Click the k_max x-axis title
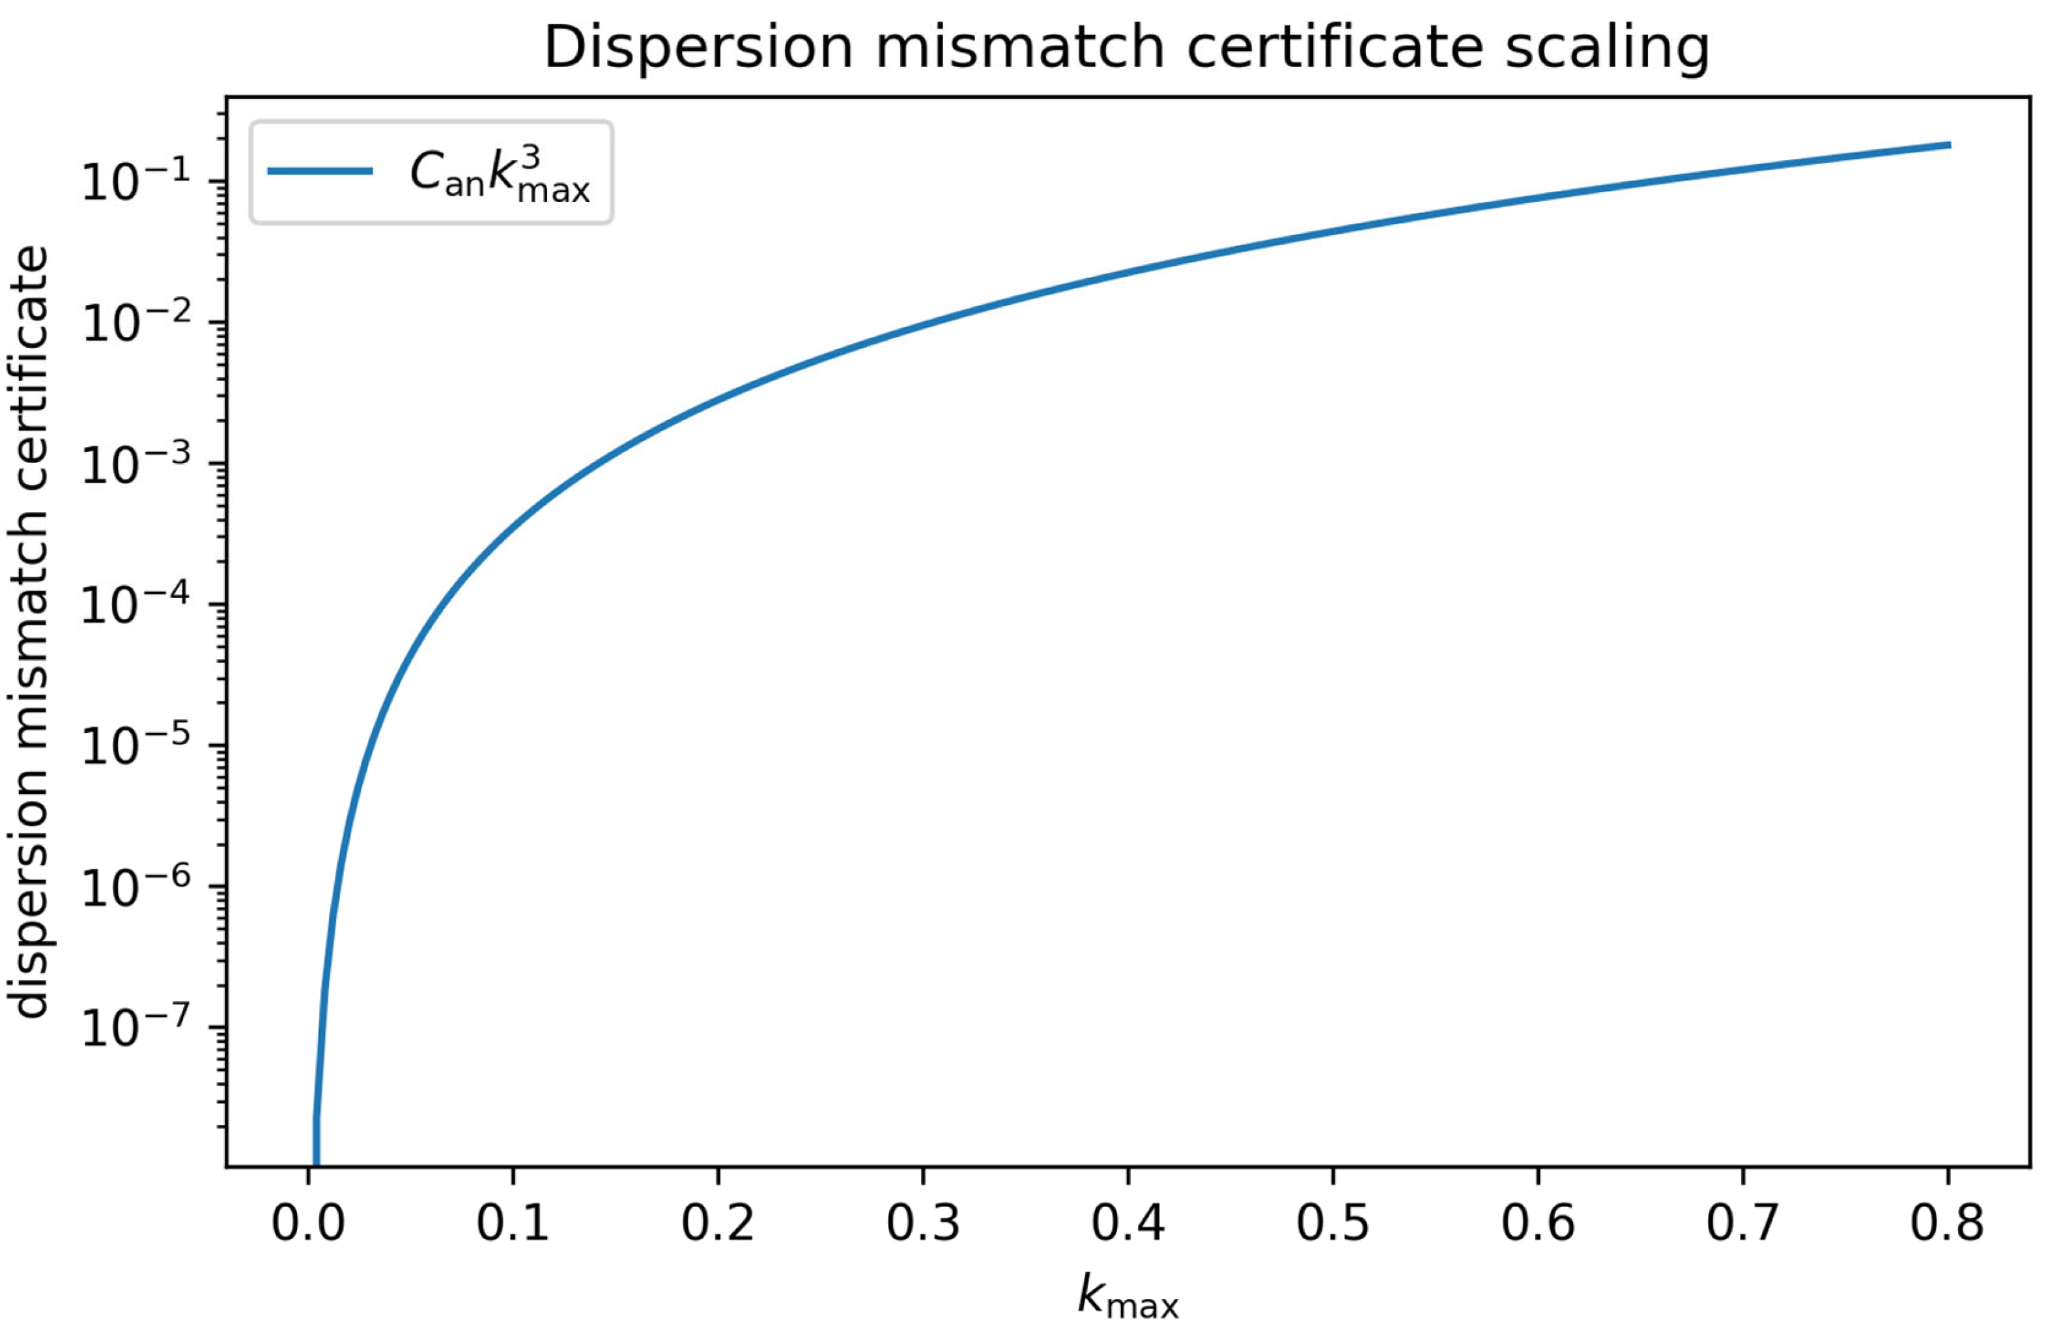[1128, 1299]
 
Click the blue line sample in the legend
[320, 171]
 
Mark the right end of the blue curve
[1948, 145]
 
